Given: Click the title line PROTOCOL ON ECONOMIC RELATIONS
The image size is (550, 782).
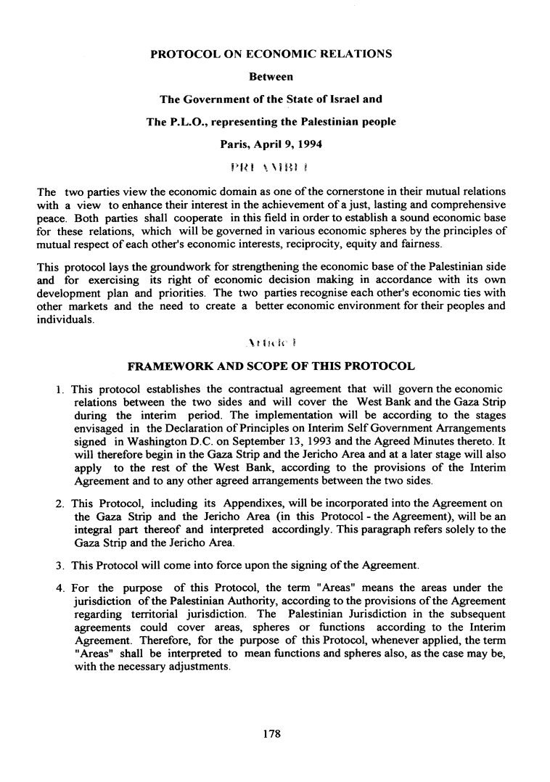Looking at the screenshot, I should pos(271,54).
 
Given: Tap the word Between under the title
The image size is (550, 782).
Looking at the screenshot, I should pos(271,76).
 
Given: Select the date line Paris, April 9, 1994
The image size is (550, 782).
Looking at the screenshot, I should pos(271,144).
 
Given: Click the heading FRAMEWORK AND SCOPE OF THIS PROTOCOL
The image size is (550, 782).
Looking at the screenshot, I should pos(271,366).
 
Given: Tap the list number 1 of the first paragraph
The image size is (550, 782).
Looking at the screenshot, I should pos(59,390).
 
